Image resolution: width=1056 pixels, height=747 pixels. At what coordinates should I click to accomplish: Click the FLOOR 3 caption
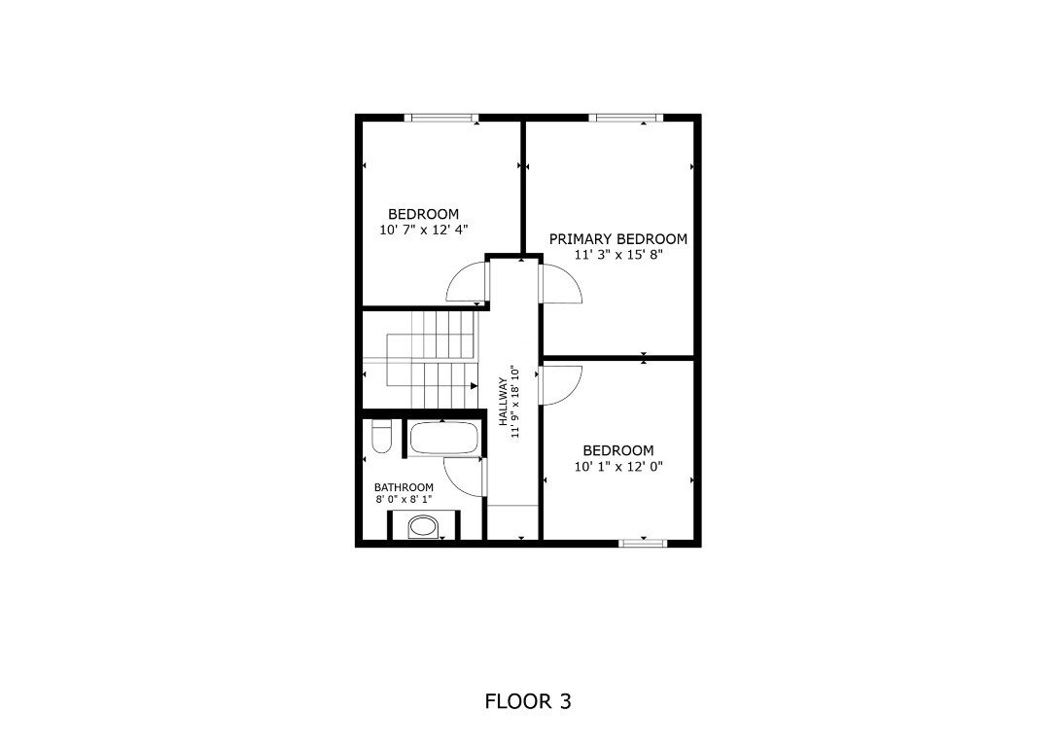click(x=527, y=701)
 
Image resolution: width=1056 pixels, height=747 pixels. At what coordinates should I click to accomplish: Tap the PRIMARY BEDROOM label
click(x=617, y=239)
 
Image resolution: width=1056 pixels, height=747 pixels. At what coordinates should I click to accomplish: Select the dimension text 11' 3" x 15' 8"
click(x=617, y=256)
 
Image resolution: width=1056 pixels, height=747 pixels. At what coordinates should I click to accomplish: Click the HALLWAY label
click(x=504, y=402)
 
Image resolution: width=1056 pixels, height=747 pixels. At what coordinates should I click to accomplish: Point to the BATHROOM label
click(x=404, y=487)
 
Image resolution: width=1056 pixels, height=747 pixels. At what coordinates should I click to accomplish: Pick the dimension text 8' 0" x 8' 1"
click(x=404, y=500)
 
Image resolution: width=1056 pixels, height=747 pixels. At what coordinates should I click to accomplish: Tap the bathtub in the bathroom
click(x=443, y=439)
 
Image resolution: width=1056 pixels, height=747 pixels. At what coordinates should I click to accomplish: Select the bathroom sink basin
click(x=422, y=527)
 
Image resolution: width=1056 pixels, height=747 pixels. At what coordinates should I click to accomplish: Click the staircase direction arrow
click(x=473, y=386)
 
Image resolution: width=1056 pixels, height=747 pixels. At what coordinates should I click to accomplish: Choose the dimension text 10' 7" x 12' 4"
click(x=423, y=231)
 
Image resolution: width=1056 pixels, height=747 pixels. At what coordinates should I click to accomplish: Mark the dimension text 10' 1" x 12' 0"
click(x=617, y=467)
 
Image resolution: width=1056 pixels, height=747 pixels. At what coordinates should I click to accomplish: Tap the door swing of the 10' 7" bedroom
click(x=467, y=281)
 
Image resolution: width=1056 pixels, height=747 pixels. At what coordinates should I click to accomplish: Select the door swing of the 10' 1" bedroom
click(x=561, y=384)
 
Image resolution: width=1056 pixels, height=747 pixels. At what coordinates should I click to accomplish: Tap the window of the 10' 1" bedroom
click(x=643, y=543)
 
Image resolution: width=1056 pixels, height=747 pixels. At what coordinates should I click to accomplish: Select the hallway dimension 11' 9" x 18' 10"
click(x=517, y=402)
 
